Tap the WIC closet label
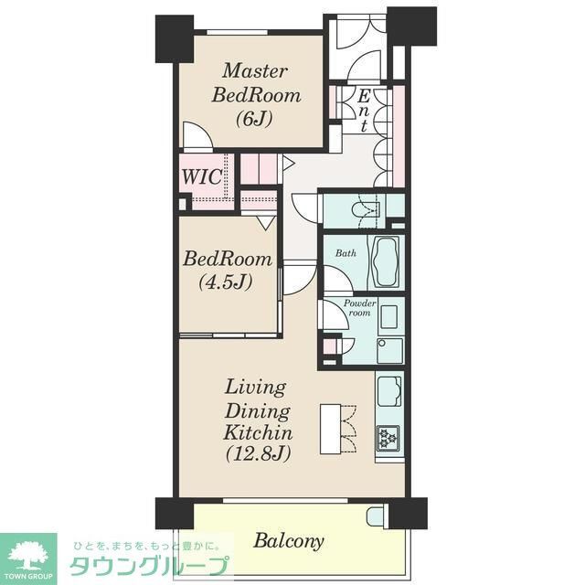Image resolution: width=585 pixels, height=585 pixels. click(203, 177)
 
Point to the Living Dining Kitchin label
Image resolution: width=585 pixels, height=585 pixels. click(259, 420)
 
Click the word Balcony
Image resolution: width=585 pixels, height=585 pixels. click(288, 541)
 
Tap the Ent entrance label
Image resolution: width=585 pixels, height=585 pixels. click(364, 111)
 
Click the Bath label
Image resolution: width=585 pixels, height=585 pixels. click(345, 252)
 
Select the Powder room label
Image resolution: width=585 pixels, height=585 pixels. click(356, 307)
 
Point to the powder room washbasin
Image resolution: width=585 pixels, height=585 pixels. click(388, 318)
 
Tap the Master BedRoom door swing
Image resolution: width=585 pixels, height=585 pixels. click(197, 137)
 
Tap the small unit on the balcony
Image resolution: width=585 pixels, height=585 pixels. click(376, 516)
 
